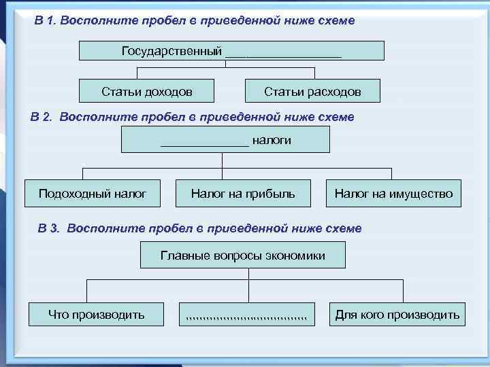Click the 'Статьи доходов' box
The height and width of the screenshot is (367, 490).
tap(147, 91)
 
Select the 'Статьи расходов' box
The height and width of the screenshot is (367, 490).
tap(312, 91)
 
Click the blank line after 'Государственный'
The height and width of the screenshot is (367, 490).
tap(283, 53)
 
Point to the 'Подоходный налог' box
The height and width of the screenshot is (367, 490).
tap(93, 194)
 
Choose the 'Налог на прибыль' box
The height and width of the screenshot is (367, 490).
tap(243, 194)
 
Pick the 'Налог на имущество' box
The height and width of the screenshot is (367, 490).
tap(393, 194)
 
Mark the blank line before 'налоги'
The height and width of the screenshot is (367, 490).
tap(204, 143)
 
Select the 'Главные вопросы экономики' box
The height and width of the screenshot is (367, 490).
tap(243, 256)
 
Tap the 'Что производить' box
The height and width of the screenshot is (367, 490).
tap(97, 314)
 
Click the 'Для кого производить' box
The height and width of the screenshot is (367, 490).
tap(397, 314)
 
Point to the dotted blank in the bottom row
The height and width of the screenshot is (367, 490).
tap(246, 316)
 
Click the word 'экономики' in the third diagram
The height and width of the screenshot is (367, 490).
tap(295, 256)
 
